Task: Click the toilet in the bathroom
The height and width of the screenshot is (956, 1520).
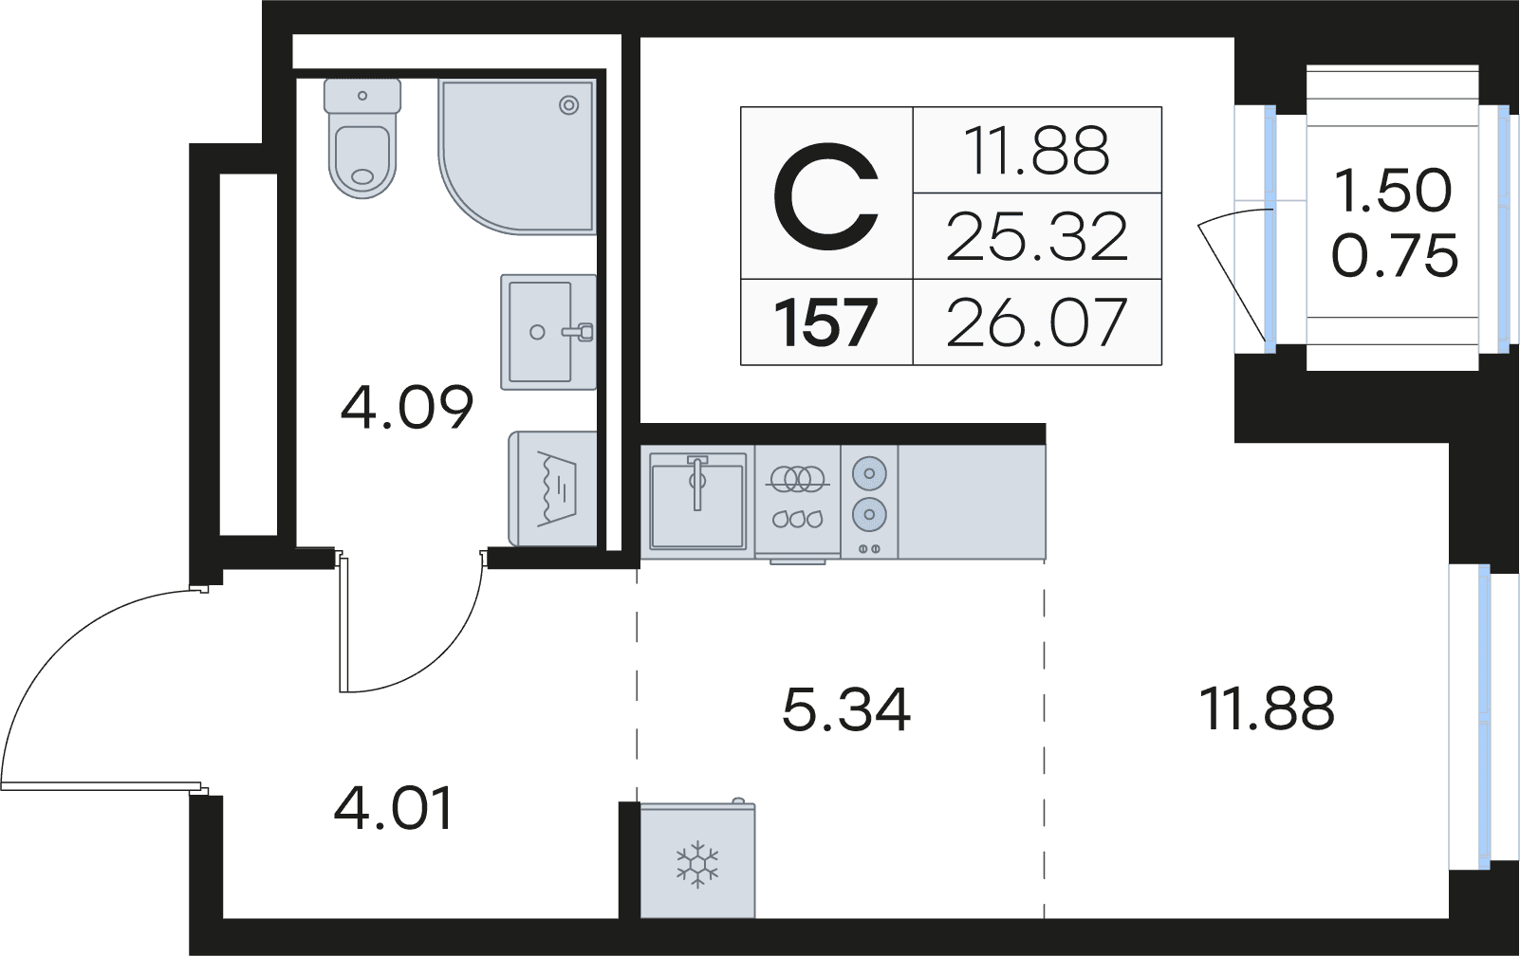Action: pyautogui.click(x=361, y=142)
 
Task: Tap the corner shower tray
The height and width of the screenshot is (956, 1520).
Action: pyautogui.click(x=512, y=152)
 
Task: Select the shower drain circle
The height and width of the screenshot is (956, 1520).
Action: pyautogui.click(x=569, y=105)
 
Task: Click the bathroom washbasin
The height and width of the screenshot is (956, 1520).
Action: pyautogui.click(x=547, y=332)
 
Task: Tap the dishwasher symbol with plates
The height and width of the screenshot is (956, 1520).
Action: pyautogui.click(x=797, y=499)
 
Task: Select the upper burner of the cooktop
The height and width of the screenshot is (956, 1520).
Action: pyautogui.click(x=869, y=473)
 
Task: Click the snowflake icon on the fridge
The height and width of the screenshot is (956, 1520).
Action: pyautogui.click(x=697, y=864)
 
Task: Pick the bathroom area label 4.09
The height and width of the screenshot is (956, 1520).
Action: pyautogui.click(x=406, y=408)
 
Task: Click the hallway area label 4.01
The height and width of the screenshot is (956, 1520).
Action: pyautogui.click(x=394, y=808)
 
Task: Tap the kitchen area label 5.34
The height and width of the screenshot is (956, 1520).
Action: pyautogui.click(x=845, y=709)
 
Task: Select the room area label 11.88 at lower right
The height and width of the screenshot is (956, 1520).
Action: pyautogui.click(x=1267, y=708)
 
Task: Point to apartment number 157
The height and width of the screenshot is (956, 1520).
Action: pyautogui.click(x=825, y=322)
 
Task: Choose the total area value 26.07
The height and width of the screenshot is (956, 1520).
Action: pyautogui.click(x=1036, y=322)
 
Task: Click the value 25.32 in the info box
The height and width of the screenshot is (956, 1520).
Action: pyautogui.click(x=1036, y=236)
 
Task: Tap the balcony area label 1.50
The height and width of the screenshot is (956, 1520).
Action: pyautogui.click(x=1392, y=191)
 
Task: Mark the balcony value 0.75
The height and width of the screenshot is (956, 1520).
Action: pyautogui.click(x=1394, y=256)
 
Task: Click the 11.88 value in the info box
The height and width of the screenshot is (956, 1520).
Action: pyautogui.click(x=1036, y=151)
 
